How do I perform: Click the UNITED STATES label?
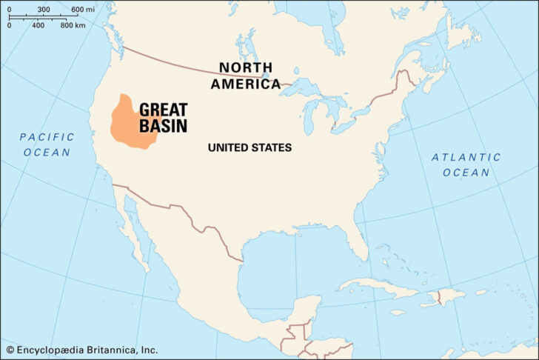point(250,148)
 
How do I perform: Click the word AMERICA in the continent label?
point(246,84)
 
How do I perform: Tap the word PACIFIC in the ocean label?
point(47,137)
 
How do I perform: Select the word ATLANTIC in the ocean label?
point(466,157)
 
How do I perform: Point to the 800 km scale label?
point(73,26)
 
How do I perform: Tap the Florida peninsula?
point(361,244)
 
